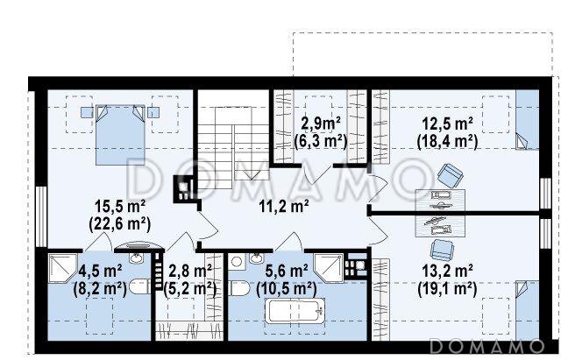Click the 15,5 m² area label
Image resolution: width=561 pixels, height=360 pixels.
coord(120,207)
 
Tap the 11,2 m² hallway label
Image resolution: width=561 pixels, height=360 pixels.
coord(284,207)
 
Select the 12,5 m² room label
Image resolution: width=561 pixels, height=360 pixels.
coord(448,124)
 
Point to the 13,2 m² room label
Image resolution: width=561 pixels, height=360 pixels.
coord(448,271)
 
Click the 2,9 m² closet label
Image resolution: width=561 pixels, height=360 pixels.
coord(321,124)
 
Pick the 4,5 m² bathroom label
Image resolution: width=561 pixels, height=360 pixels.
coord(100,271)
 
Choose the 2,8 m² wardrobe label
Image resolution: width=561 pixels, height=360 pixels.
coord(190,271)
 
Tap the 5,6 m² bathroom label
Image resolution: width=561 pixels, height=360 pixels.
coord(287,271)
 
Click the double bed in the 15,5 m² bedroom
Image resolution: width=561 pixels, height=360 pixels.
coord(120,135)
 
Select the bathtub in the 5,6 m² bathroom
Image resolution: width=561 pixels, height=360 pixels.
coord(295,311)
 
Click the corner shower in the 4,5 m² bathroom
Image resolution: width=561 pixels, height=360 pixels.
coord(63,268)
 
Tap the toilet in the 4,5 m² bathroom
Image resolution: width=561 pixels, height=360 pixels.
coord(139,286)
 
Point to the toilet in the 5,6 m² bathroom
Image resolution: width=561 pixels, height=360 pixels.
coord(238,288)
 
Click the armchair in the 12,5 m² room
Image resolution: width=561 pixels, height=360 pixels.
coord(451,175)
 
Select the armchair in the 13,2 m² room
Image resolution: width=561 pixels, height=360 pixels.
coord(442,250)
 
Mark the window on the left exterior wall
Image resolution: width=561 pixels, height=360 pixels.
coord(41,216)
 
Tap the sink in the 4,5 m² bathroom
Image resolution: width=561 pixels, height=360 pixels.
coord(136,258)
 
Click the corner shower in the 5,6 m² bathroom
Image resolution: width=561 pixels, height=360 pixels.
coord(329,268)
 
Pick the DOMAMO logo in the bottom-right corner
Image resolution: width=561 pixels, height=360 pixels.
coord(487,346)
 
